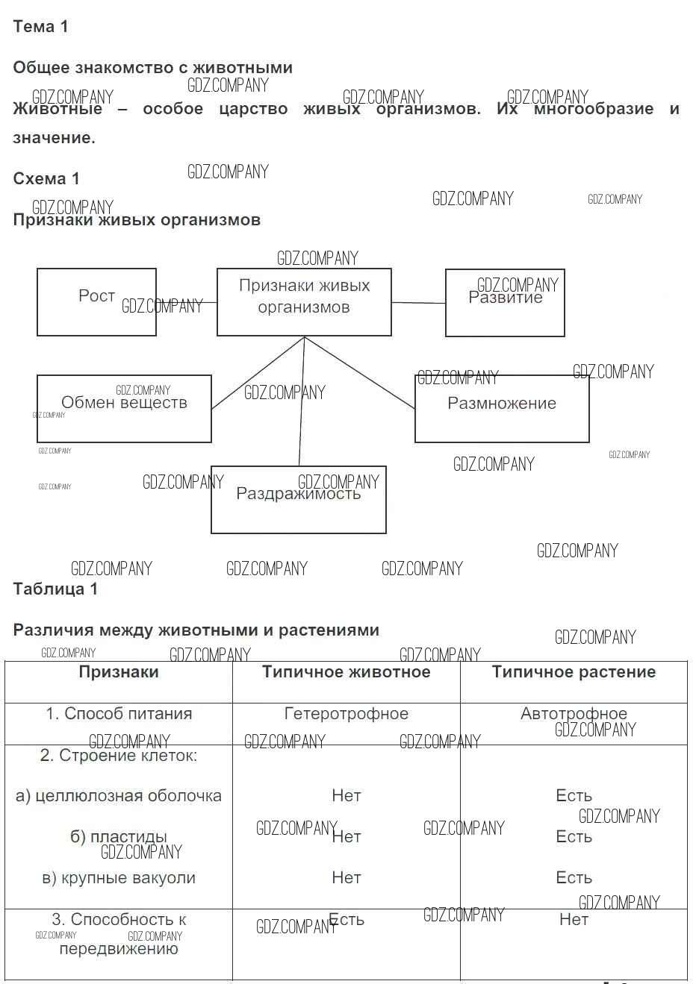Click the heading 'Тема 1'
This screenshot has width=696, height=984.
tap(40, 27)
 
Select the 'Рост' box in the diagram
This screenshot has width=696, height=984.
tap(96, 301)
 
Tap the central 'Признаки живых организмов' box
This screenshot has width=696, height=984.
tap(304, 301)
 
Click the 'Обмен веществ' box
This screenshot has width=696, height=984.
tap(124, 408)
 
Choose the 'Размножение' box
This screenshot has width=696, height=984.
tap(502, 408)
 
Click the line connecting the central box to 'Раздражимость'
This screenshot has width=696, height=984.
tap(301, 403)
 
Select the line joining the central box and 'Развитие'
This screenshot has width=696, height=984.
tap(418, 303)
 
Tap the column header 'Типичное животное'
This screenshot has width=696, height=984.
tap(346, 672)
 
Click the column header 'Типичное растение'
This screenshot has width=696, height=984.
tap(574, 672)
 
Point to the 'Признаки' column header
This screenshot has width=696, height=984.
tap(119, 672)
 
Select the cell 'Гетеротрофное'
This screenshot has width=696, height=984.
tap(346, 714)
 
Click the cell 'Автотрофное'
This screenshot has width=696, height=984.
tap(574, 714)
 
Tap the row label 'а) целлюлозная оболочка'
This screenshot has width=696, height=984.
tap(119, 796)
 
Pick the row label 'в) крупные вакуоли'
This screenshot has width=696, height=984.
tap(119, 878)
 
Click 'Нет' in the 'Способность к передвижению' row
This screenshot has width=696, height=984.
tap(574, 920)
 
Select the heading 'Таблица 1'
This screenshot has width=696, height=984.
tap(55, 589)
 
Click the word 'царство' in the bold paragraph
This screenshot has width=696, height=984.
tap(253, 109)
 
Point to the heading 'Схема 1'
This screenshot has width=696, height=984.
tap(46, 179)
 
